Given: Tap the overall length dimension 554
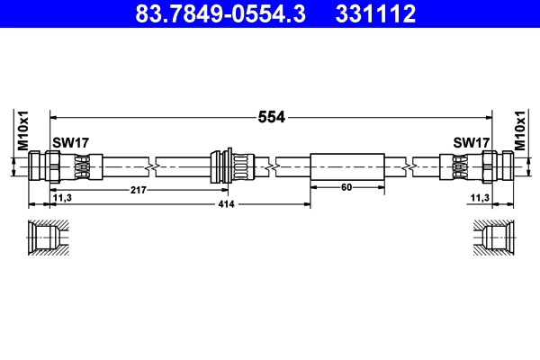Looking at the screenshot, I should [x=272, y=116].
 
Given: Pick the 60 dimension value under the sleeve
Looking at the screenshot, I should [x=346, y=188].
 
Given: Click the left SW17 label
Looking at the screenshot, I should [x=70, y=142].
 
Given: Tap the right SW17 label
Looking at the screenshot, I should [x=471, y=142].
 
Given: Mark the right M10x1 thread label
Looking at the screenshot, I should [x=518, y=130].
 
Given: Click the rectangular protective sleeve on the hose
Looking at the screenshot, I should [x=346, y=166].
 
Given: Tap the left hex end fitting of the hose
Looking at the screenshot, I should [x=45, y=166].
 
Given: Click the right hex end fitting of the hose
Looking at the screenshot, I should [x=496, y=166].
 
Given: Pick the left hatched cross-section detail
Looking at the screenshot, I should [x=45, y=239].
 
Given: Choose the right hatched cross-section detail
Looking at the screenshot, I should [x=495, y=239].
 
